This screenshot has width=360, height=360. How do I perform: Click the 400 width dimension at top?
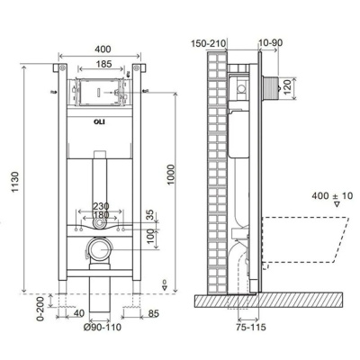click(x=103, y=49)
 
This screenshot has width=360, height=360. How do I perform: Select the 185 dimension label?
click(x=103, y=64)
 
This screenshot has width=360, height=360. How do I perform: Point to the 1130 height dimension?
click(x=15, y=182)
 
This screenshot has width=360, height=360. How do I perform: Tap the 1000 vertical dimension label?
click(x=170, y=175)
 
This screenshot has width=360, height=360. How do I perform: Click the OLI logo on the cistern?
click(x=100, y=122)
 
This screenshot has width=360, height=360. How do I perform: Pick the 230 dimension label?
click(x=101, y=206)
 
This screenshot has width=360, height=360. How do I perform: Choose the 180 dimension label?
click(x=101, y=215)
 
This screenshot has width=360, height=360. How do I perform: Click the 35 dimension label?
click(x=150, y=215)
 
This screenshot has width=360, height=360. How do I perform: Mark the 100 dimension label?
click(x=150, y=236)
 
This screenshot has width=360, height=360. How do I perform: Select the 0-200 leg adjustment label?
click(x=40, y=308)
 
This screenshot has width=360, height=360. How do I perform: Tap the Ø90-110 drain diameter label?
click(x=102, y=327)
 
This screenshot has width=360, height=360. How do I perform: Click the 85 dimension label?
click(x=153, y=314)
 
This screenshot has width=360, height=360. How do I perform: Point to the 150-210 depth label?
click(x=209, y=43)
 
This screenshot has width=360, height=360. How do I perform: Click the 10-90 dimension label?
click(x=271, y=43)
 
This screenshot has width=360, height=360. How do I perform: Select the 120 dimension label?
click(x=288, y=87)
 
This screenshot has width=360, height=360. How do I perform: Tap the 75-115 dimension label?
click(x=251, y=327)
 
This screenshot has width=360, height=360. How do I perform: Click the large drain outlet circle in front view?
click(x=99, y=249)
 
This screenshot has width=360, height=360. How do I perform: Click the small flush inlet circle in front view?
click(x=99, y=223)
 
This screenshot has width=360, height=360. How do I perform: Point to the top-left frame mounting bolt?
click(x=62, y=67)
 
